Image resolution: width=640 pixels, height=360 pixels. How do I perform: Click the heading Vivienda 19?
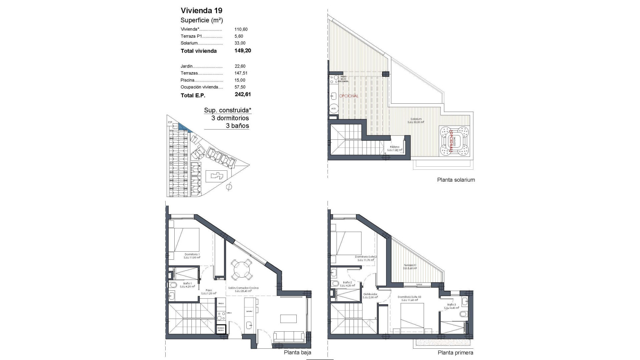[x=201, y=10]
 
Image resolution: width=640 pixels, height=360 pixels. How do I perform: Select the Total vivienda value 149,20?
[x=243, y=51]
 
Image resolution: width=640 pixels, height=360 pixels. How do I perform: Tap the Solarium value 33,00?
[x=240, y=43]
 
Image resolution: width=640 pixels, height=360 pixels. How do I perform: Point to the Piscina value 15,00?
[x=240, y=80]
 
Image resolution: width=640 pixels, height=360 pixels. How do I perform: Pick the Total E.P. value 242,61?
[x=243, y=94]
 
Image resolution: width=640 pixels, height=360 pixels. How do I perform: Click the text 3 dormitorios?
[x=230, y=118]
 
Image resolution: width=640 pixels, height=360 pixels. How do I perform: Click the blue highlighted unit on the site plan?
[x=183, y=127]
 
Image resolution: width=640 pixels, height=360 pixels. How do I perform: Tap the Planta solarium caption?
[x=456, y=180]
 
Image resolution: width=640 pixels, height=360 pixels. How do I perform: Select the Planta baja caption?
[x=297, y=352]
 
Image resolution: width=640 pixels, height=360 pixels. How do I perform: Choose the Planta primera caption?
[x=455, y=352]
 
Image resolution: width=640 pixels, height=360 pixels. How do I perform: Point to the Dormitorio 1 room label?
[x=192, y=254]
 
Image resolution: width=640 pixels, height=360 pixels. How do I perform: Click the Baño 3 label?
[x=451, y=305]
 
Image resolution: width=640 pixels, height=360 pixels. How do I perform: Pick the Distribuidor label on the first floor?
[x=370, y=294]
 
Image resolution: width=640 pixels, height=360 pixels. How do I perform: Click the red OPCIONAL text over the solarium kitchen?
[x=349, y=96]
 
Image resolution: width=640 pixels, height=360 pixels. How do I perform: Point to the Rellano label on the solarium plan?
[x=395, y=147]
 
